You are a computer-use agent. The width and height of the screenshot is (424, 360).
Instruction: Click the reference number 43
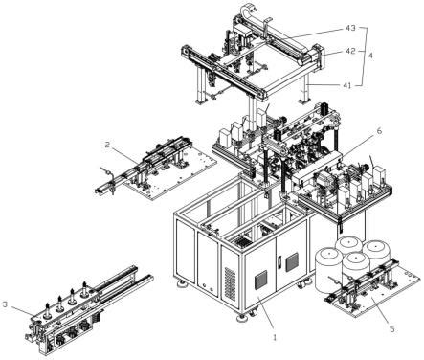(350, 29)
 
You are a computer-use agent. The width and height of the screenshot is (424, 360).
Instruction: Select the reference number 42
(351, 51)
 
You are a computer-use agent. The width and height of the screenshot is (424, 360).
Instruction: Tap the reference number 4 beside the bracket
(371, 56)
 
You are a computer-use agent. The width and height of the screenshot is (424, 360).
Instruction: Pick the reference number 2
(107, 145)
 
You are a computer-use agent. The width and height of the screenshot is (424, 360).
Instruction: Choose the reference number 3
(5, 304)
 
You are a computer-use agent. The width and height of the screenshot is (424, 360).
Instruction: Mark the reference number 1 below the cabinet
(276, 337)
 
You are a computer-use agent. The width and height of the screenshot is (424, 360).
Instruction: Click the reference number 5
(392, 328)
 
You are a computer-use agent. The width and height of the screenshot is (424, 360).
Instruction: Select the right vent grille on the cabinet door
(292, 262)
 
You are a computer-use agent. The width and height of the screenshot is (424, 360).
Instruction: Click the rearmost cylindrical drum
(348, 245)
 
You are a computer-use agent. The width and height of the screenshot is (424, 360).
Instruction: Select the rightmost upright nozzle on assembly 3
(84, 288)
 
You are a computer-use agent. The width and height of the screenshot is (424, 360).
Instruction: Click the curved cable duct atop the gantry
(252, 16)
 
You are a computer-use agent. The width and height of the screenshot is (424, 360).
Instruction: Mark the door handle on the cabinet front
(279, 263)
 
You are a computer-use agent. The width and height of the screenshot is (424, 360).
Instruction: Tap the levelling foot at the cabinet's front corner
(241, 317)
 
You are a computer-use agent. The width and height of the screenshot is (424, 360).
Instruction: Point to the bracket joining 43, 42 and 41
(364, 56)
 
